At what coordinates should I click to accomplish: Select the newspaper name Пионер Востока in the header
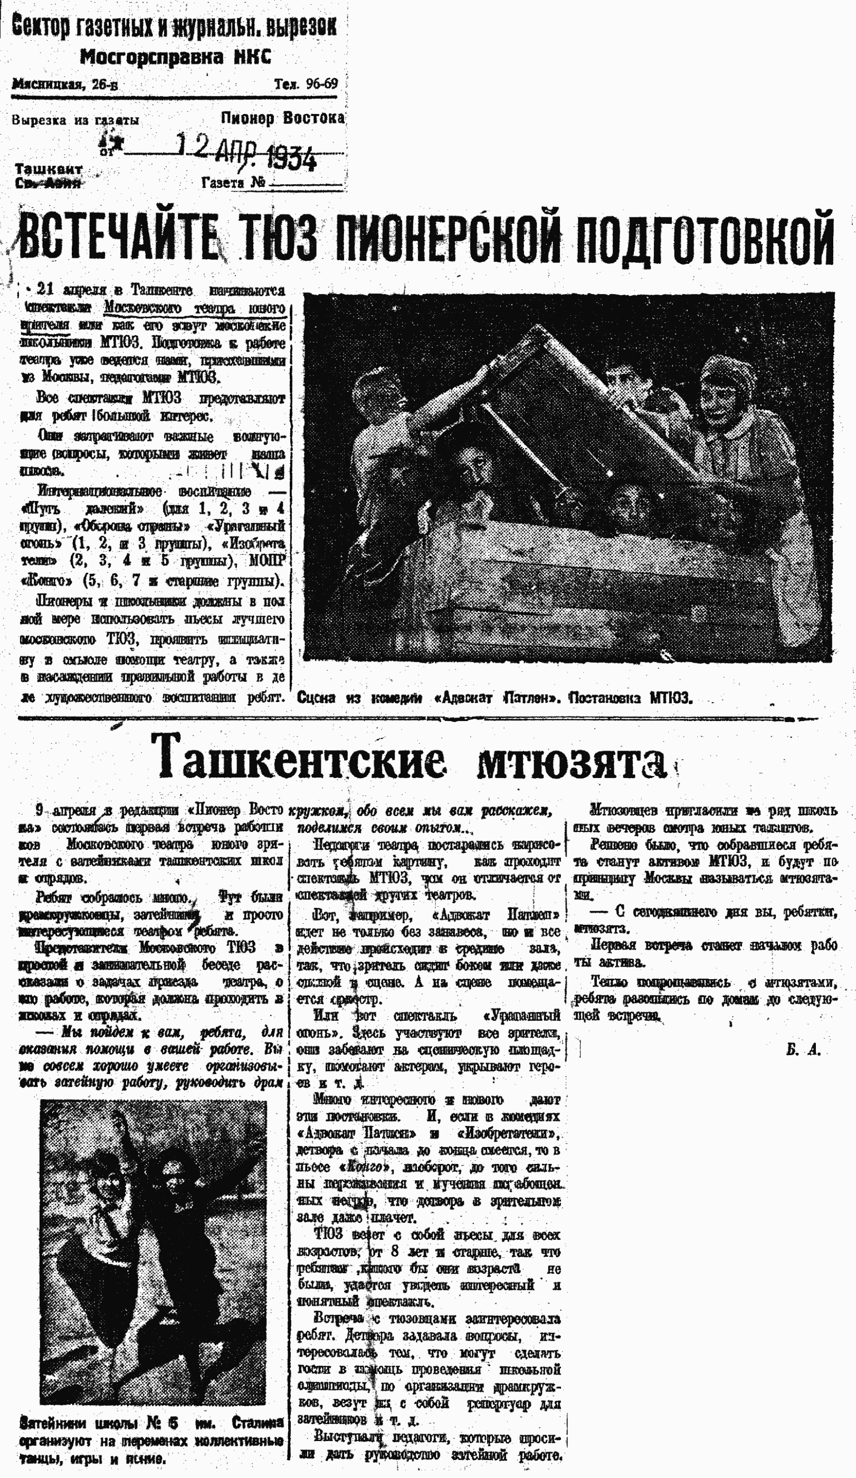282,118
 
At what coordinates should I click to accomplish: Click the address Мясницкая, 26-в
64,84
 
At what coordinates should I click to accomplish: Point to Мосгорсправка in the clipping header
151,58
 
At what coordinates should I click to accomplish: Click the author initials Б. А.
803,1050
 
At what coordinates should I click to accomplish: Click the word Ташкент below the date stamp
48,169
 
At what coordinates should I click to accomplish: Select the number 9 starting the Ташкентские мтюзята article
39,811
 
